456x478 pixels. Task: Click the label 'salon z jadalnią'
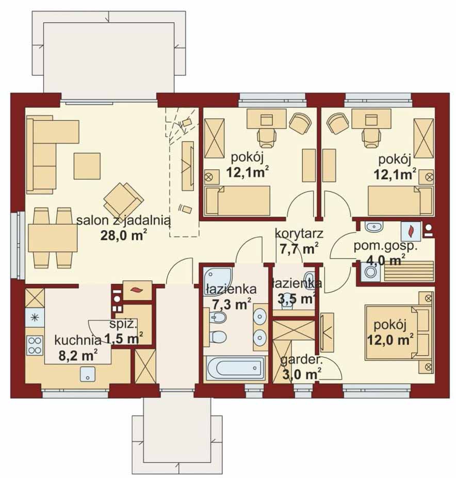point(123,221)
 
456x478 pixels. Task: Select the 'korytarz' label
point(299,234)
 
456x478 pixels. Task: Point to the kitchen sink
point(88,374)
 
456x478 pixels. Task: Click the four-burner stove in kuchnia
point(35,345)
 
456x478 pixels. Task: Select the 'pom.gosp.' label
point(385,247)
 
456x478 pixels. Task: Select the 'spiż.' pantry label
point(123,325)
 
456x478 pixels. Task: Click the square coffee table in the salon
point(87,166)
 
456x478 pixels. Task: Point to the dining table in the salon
point(53,238)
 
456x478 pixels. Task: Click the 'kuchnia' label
point(77,341)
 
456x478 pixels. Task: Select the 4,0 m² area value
point(382,261)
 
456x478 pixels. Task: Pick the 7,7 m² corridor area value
point(299,248)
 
